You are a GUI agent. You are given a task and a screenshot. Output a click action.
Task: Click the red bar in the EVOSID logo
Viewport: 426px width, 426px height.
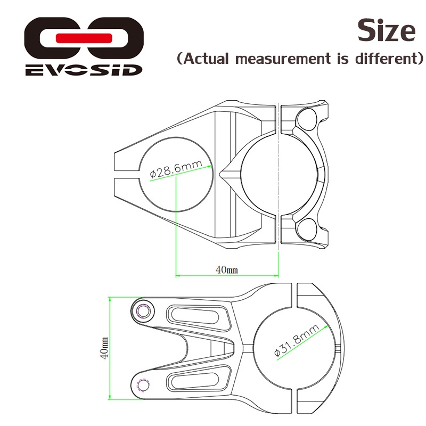[84, 38]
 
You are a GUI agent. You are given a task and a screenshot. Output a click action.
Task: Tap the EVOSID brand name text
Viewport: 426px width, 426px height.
[84, 70]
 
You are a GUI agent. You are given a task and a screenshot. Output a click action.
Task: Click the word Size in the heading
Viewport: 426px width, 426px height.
[387, 30]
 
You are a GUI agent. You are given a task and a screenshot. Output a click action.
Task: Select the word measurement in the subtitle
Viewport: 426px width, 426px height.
[283, 59]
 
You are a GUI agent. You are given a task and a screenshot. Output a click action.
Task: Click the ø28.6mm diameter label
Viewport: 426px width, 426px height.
[176, 168]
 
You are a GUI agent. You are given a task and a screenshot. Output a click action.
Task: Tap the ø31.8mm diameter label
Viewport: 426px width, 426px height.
[297, 340]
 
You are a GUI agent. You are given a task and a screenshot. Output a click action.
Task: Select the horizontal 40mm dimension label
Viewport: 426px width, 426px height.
[227, 270]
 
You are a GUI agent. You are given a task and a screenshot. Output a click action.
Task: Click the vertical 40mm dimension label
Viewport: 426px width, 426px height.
[104, 348]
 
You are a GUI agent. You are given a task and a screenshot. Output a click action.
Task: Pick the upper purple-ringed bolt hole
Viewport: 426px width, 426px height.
[143, 310]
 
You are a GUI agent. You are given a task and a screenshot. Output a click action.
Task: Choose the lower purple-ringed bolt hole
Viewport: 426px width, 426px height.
[143, 385]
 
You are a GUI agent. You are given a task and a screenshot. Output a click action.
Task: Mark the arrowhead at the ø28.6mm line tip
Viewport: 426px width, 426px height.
[210, 166]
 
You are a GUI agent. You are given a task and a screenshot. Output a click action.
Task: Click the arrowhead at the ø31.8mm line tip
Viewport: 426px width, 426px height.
[326, 327]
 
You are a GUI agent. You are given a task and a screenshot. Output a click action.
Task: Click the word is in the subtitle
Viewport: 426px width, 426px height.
[343, 59]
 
